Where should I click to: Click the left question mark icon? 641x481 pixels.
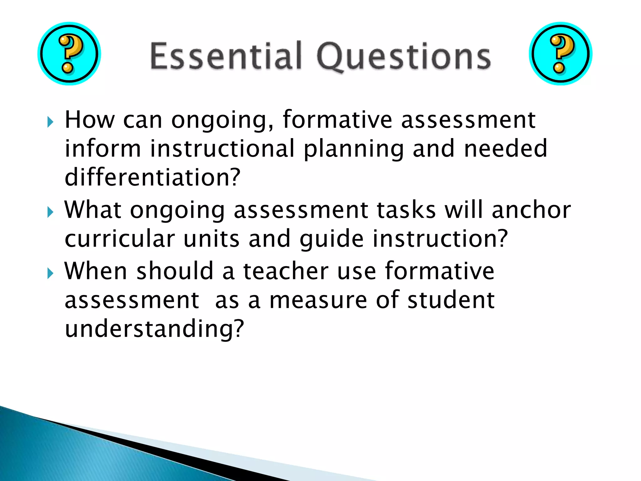pos(69,54)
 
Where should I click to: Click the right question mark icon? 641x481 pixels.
pos(560,54)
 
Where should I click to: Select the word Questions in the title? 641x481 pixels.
pos(404,56)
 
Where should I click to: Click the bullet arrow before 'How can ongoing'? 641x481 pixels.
pos(50,122)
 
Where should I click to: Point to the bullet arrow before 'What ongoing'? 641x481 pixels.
pos(50,212)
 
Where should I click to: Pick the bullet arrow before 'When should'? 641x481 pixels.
pos(50,273)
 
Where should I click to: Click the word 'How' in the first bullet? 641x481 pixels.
pos(90,120)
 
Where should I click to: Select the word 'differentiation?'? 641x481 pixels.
pos(152,177)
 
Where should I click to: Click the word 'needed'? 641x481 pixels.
pos(506,148)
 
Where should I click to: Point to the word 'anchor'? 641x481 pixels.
pos(531,210)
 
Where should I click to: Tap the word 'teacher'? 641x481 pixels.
pos(286,271)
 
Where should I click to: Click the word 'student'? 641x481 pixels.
pos(451,300)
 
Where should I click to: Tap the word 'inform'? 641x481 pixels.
pos(103,148)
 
